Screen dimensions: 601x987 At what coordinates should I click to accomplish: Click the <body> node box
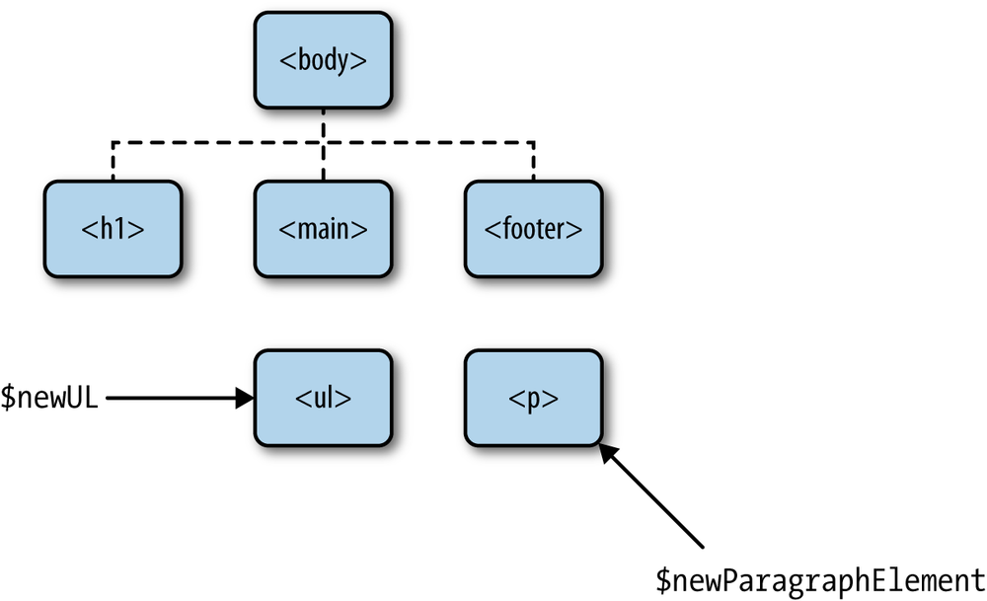pos(323,59)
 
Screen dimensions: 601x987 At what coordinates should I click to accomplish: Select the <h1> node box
pos(114,229)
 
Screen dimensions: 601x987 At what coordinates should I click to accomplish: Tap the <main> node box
pos(323,229)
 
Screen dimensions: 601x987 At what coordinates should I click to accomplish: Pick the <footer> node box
pos(533,229)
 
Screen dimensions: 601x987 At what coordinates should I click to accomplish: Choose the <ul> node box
pos(323,399)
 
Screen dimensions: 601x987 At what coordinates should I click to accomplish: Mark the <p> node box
pos(533,399)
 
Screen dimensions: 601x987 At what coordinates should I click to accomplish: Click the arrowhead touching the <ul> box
pos(245,399)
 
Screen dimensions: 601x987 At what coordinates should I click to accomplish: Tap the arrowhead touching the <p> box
pos(609,452)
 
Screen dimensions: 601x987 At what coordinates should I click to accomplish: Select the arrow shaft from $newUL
pos(168,399)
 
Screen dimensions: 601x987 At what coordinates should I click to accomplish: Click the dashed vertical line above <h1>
pos(114,162)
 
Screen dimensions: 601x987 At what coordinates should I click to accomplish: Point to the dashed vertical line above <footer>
pos(533,162)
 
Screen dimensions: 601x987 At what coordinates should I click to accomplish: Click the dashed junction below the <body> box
pos(323,143)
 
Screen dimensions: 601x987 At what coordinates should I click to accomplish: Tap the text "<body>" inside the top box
pos(323,59)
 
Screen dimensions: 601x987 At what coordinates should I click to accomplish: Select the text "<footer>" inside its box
pos(533,229)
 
